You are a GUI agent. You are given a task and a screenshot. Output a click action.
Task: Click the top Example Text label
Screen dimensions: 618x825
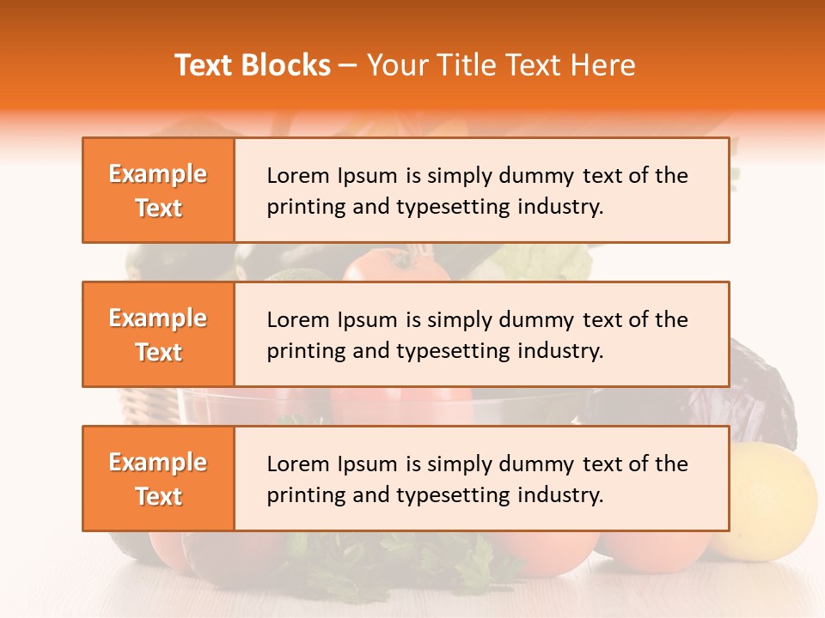[x=158, y=191]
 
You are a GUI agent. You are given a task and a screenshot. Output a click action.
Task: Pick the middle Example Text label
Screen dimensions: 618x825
[x=158, y=335]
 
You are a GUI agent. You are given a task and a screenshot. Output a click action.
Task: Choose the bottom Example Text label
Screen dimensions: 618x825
[x=158, y=479]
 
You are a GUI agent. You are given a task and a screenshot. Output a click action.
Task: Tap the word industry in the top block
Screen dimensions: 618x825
[x=562, y=207]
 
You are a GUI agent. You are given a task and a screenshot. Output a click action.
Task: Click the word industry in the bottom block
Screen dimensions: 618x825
[x=562, y=495]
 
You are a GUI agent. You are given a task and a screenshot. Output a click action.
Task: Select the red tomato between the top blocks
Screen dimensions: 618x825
[x=395, y=264]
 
